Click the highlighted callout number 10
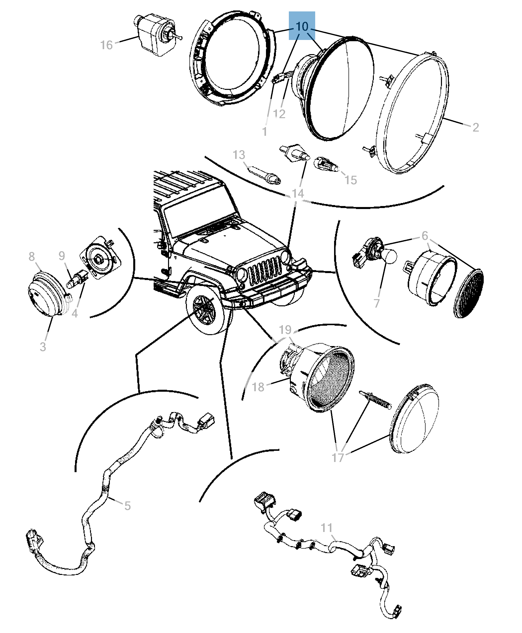point(302,26)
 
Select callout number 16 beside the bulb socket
point(106,45)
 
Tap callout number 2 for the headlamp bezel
point(475,127)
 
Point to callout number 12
point(279,114)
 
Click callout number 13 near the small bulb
point(239,155)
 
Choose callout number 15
point(350,180)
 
